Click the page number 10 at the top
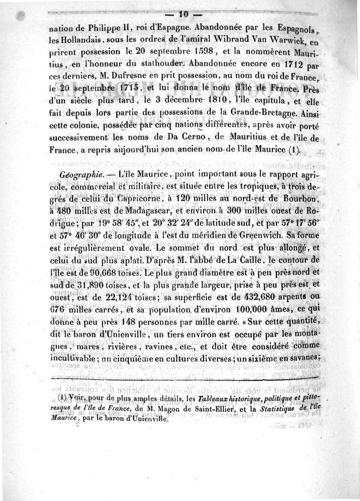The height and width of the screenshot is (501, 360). (x=180, y=14)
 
